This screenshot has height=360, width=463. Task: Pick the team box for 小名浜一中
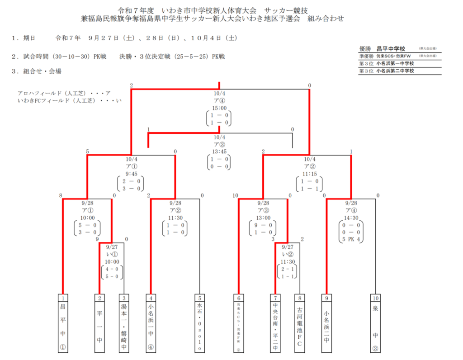click(151, 324)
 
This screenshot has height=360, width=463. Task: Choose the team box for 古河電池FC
click(299, 324)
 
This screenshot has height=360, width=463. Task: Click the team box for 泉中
click(375, 324)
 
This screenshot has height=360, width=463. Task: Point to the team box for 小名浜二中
click(326, 324)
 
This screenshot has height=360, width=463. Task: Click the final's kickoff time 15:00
click(219, 109)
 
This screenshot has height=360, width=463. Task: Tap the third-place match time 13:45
click(219, 152)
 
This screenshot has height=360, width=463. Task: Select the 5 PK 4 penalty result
click(351, 239)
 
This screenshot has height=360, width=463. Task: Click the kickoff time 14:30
click(351, 218)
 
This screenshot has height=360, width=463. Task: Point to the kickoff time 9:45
click(131, 174)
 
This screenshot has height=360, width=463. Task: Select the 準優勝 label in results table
click(366, 56)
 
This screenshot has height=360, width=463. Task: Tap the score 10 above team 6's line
click(236, 195)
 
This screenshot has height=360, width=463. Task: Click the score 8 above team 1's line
click(60, 195)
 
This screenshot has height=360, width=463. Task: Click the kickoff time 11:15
click(307, 174)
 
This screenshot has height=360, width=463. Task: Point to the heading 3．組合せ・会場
click(37, 71)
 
